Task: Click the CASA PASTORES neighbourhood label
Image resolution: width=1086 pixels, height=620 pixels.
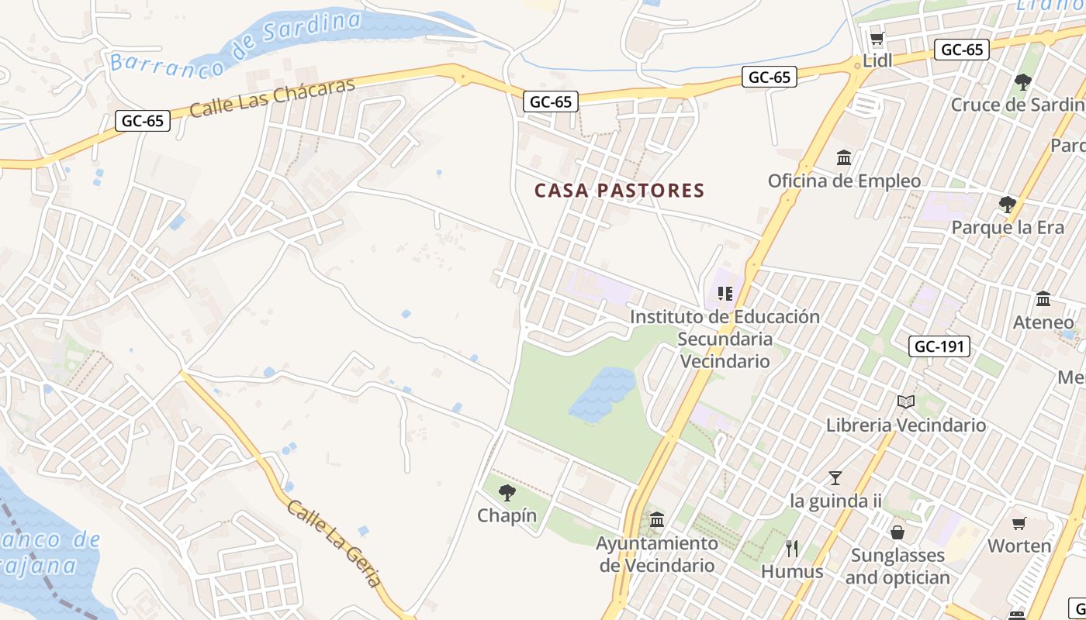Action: [619, 191]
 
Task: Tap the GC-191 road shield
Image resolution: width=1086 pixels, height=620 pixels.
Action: [939, 346]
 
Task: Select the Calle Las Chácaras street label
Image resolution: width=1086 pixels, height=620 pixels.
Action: [272, 98]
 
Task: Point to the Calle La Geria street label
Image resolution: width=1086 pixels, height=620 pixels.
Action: [335, 543]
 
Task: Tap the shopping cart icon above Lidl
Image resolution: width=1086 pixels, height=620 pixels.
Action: [877, 39]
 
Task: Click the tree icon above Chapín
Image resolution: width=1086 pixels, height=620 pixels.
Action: [507, 492]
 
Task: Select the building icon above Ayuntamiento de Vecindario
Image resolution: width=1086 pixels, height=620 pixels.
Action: [657, 519]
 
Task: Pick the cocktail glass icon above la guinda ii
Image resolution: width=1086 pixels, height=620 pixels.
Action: [835, 477]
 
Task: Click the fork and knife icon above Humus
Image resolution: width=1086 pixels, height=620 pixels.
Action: [792, 549]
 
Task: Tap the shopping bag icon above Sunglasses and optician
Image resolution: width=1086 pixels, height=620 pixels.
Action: [898, 532]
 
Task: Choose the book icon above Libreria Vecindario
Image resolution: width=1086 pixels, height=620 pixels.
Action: [905, 401]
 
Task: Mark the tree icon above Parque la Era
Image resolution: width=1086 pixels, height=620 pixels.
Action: [1008, 205]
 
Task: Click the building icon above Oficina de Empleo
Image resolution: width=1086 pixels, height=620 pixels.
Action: [844, 158]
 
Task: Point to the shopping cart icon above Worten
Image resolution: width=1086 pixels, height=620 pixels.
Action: [1019, 523]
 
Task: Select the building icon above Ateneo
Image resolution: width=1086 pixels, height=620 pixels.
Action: [1043, 299]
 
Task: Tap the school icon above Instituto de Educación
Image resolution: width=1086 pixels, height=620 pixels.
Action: [725, 294]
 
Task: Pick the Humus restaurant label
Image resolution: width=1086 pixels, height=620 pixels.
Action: [792, 572]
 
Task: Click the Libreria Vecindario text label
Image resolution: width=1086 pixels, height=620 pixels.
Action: [906, 425]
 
